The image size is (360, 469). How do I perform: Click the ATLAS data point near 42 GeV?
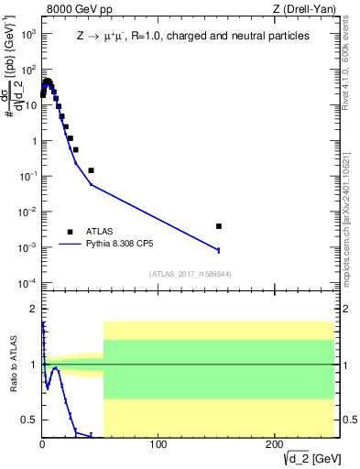[91, 170]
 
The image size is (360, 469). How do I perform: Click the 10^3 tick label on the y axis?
[28, 34]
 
